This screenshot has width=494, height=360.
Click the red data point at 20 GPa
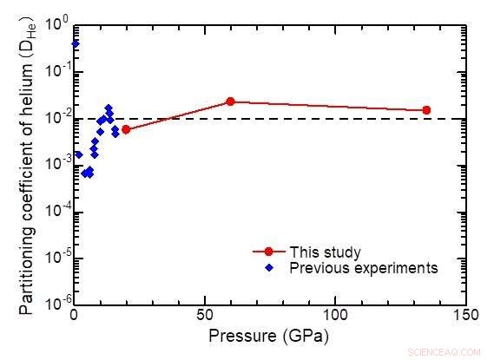click(126, 129)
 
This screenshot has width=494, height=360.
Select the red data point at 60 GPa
click(230, 101)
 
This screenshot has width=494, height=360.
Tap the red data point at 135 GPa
click(426, 110)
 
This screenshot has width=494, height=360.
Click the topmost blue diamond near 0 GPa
click(75, 43)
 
